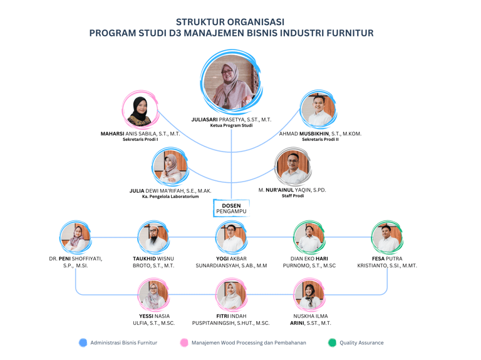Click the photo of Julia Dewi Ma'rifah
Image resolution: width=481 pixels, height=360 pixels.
[x=170, y=168]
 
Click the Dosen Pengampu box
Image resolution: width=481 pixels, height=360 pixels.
[x=231, y=208]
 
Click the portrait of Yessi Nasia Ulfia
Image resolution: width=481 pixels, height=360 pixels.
[x=153, y=295]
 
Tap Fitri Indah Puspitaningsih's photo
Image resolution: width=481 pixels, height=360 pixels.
[x=231, y=295]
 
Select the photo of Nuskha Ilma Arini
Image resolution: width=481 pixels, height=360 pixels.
[x=309, y=295]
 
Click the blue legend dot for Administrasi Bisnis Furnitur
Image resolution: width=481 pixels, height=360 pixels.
[x=83, y=342]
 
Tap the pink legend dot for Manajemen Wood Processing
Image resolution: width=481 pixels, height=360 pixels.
[x=184, y=342]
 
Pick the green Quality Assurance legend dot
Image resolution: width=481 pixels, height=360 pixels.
[x=332, y=342]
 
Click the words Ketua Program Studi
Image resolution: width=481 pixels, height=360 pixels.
[x=231, y=126]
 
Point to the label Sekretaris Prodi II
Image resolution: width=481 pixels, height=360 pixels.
[x=320, y=140]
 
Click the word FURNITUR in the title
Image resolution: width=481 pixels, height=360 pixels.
[x=347, y=33]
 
